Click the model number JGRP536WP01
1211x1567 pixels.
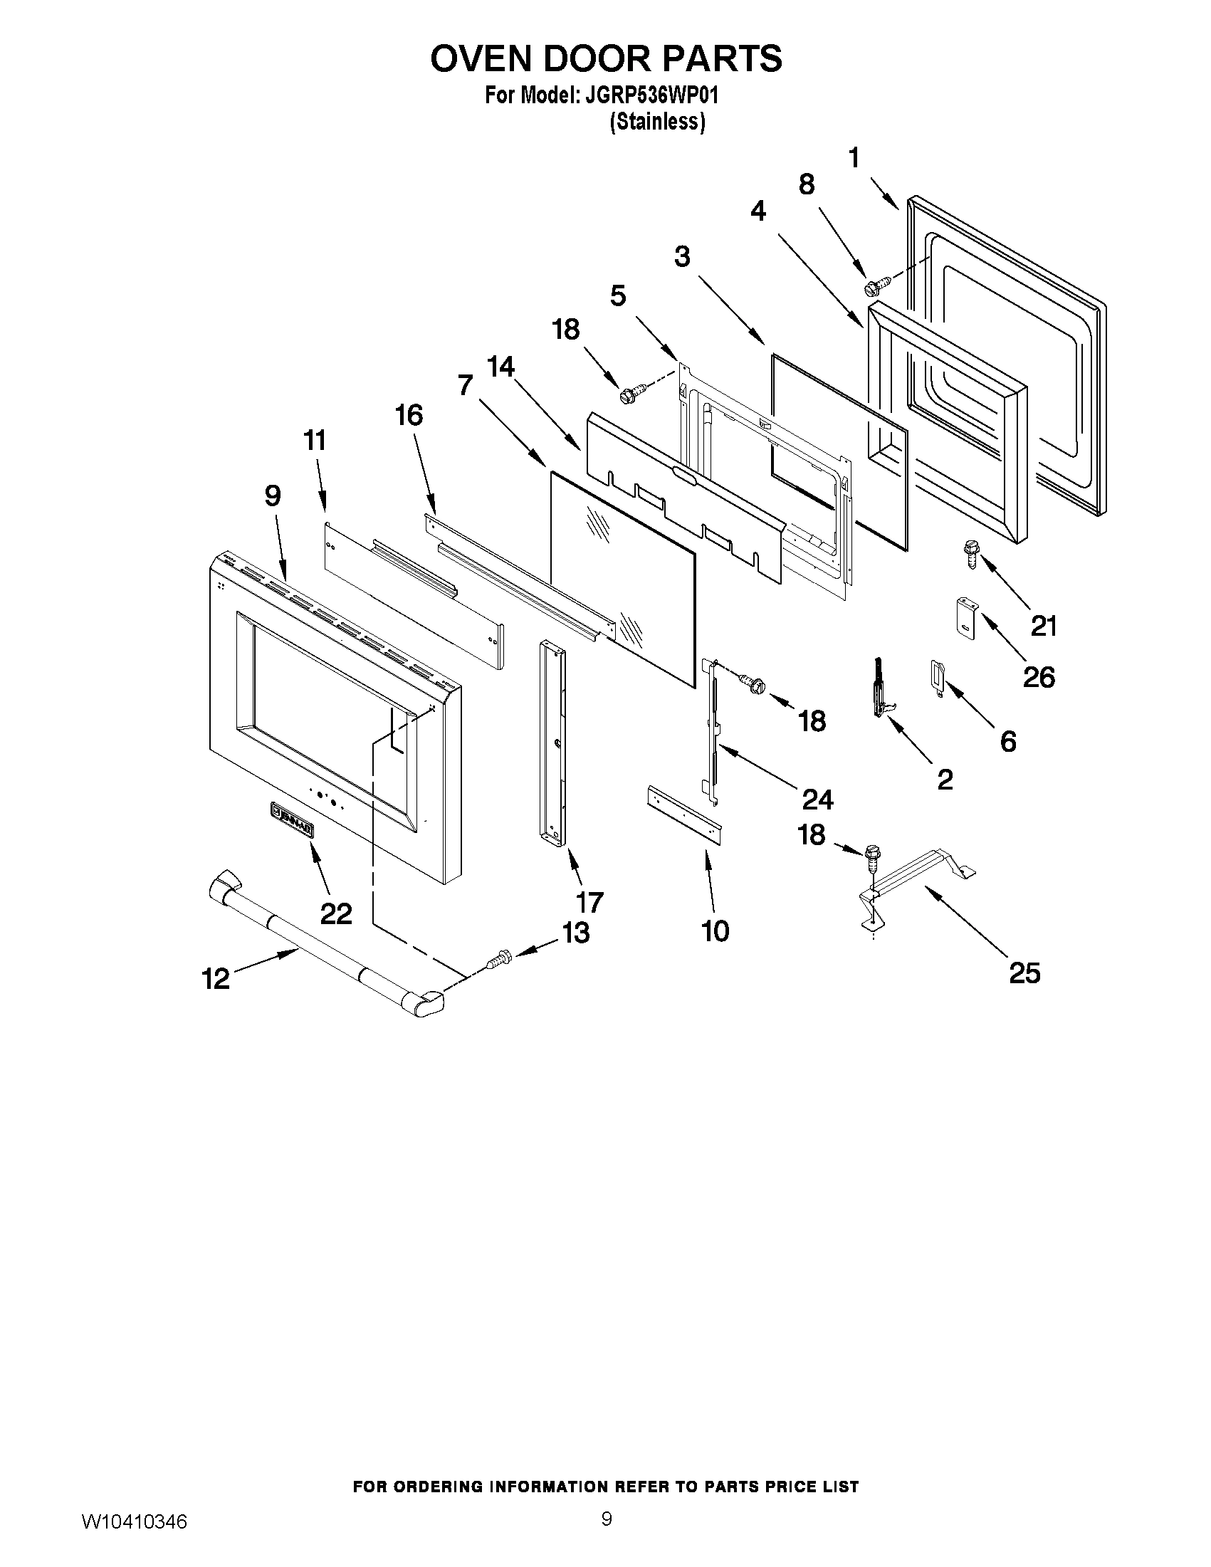(651, 95)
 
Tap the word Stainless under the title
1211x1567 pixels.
(657, 122)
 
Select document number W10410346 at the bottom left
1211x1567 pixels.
(133, 1518)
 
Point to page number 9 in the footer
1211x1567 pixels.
(607, 1515)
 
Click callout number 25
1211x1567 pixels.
(1024, 973)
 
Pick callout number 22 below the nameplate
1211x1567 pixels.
(336, 913)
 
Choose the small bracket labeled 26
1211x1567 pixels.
(965, 616)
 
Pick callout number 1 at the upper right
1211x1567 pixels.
(854, 157)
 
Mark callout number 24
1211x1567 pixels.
(817, 799)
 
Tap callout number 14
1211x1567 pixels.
(500, 367)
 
